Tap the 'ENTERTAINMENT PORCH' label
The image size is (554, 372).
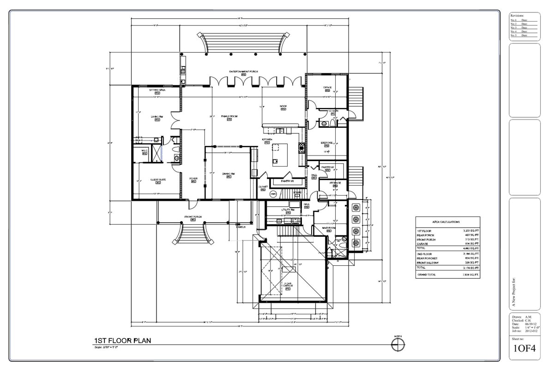pyautogui.click(x=243, y=72)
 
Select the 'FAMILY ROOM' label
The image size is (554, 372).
pyautogui.click(x=229, y=116)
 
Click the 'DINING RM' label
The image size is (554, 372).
pyautogui.click(x=229, y=174)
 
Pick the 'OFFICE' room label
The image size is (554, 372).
pyautogui.click(x=327, y=87)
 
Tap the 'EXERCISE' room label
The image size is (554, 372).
pyautogui.click(x=327, y=143)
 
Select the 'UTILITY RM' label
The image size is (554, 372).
pyautogui.click(x=288, y=210)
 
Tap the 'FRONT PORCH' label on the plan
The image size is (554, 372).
pyautogui.click(x=194, y=216)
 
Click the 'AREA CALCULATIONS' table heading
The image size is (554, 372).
pyautogui.click(x=448, y=222)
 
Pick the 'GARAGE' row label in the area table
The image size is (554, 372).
pyautogui.click(x=423, y=244)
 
